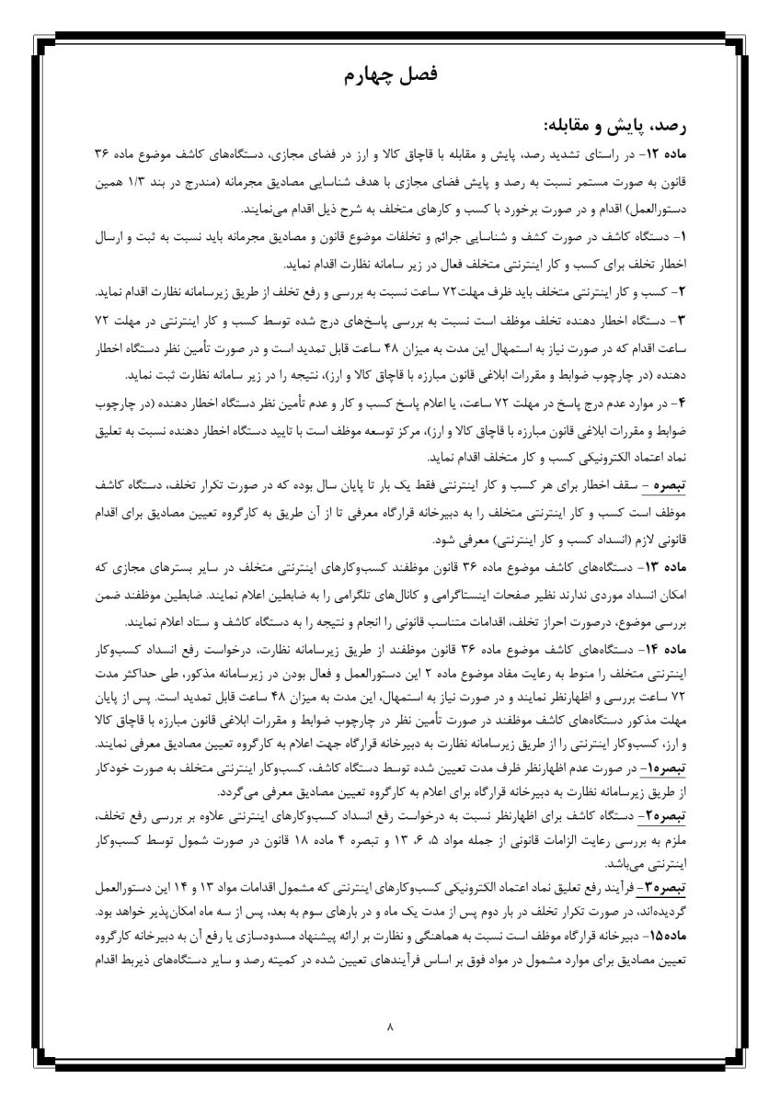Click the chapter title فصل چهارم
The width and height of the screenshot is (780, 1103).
(x=390, y=76)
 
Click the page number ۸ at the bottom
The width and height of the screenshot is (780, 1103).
(x=390, y=1027)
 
